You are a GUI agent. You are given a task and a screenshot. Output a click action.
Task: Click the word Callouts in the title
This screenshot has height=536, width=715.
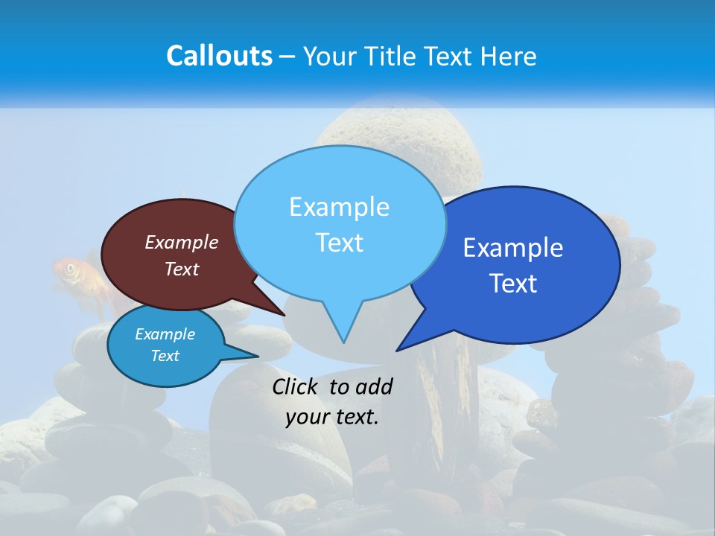pos(219,56)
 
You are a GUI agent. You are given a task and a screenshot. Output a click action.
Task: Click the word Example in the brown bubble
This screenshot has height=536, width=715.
pos(182,242)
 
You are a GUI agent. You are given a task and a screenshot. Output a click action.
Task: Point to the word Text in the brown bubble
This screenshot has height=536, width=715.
pos(182,269)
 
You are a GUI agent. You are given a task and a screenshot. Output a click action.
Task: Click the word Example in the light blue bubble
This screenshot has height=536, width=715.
pos(339,207)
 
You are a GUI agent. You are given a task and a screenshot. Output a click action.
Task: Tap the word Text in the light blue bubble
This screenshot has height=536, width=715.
pos(339,243)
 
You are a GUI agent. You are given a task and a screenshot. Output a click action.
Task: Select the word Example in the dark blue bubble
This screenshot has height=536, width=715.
pos(513,248)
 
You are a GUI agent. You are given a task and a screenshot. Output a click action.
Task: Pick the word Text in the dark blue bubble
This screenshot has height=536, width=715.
pos(513,284)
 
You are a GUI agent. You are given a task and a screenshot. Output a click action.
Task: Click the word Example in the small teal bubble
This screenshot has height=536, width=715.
pos(165,334)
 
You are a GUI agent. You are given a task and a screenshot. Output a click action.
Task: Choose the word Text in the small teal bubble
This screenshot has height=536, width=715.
pos(165,356)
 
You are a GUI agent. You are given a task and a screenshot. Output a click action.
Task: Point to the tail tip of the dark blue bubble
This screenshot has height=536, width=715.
pos(400,348)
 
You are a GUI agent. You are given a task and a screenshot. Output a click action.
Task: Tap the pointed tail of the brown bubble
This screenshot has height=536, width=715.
pos(281,313)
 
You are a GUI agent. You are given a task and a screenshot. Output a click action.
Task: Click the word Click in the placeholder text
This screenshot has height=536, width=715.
pos(296,386)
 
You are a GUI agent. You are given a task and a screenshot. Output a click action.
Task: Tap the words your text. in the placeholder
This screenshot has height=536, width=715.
pos(332,417)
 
